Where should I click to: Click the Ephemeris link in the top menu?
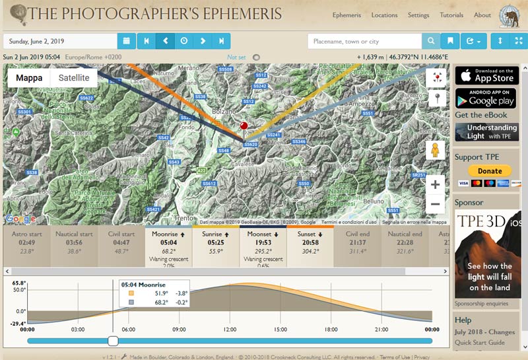346,15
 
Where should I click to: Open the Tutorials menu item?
451,15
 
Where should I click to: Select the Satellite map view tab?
74,78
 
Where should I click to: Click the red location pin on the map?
244,126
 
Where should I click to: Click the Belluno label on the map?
372,201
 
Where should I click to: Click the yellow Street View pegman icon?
435,149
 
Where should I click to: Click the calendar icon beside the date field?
127,41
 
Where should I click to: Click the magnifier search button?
431,41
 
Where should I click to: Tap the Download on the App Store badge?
485,75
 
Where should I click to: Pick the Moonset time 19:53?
258,242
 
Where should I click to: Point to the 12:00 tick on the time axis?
230,329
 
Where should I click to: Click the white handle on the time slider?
113,341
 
